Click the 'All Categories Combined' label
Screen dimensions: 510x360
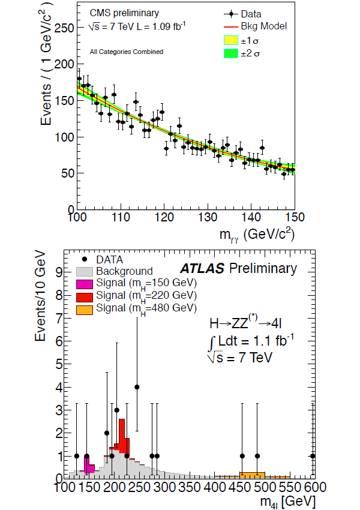(126, 52)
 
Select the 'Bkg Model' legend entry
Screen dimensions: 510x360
(265, 26)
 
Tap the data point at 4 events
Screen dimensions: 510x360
(137, 387)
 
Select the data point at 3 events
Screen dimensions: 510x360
(117, 410)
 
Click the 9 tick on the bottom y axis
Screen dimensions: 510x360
(59, 272)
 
